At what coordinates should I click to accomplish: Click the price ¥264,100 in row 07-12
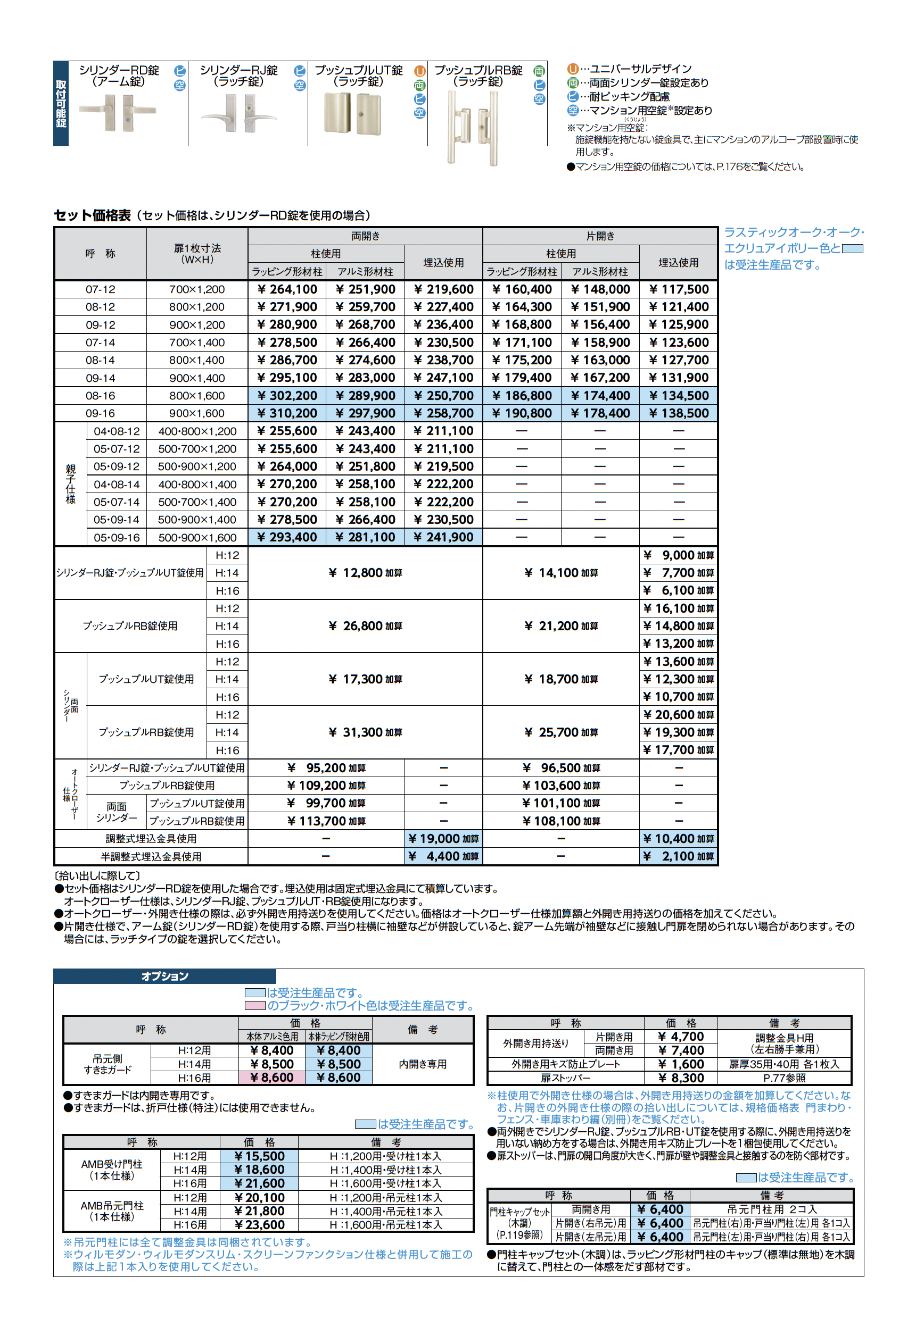[287, 289]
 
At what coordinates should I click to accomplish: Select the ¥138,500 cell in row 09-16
[678, 413]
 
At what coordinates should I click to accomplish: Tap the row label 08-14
[100, 360]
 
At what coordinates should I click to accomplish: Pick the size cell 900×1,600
[196, 413]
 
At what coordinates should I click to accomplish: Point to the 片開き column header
[600, 236]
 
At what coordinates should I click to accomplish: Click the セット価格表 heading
[93, 215]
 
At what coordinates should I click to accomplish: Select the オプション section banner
[165, 976]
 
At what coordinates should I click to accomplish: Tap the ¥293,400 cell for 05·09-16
[287, 538]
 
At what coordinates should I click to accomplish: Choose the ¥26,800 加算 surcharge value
[365, 626]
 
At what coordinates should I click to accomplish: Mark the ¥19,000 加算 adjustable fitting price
[443, 839]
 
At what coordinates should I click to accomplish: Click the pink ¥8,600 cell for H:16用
[272, 1078]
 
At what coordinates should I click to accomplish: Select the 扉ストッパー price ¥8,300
[681, 1078]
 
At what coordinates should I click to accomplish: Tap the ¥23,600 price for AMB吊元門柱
[259, 1225]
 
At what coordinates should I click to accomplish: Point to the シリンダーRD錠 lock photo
[118, 113]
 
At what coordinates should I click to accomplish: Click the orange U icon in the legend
[572, 69]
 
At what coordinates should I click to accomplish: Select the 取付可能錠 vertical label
[61, 104]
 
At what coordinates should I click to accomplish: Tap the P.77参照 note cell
[784, 1078]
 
